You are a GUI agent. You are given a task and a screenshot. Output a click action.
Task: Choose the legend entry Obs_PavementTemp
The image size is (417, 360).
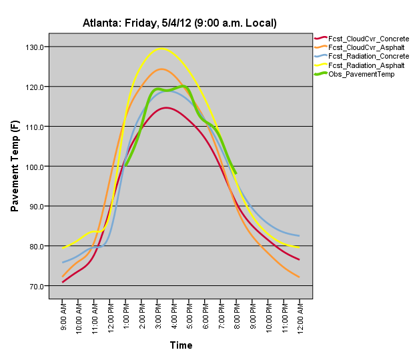[357, 74]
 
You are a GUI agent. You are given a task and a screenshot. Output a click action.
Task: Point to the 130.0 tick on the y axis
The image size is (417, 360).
[35, 47]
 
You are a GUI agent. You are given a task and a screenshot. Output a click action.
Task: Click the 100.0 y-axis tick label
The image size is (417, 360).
[35, 167]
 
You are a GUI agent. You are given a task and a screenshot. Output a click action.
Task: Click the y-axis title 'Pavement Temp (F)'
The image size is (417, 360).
[15, 167]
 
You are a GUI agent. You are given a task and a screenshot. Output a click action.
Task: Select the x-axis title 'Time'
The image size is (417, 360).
[181, 345]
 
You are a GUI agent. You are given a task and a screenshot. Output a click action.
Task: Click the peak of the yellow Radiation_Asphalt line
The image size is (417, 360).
[161, 48]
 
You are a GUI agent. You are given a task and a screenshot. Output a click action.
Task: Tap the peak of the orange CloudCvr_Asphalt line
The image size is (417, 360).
[161, 69]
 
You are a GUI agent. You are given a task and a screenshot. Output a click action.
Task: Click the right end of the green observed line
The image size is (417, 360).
[236, 173]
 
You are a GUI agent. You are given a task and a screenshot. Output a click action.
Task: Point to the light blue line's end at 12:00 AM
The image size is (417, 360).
[299, 236]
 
